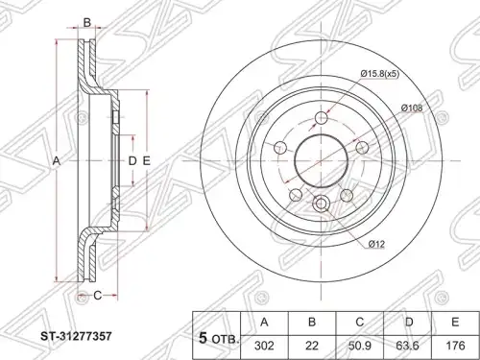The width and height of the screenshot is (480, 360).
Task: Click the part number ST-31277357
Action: tap(76, 336)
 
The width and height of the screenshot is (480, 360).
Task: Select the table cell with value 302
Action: tap(264, 347)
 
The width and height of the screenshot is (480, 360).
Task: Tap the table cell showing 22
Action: tap(312, 347)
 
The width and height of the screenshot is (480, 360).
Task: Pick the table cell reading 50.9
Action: tap(360, 347)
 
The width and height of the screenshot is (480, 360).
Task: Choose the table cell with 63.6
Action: tap(408, 347)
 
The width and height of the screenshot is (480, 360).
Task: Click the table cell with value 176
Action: tap(455, 347)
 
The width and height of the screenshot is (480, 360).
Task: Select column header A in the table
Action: tap(264, 323)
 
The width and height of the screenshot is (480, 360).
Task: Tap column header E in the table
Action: tap(455, 323)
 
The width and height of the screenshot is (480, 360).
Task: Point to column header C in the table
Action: tap(360, 323)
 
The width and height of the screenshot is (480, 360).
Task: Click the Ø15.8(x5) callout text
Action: tap(379, 74)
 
